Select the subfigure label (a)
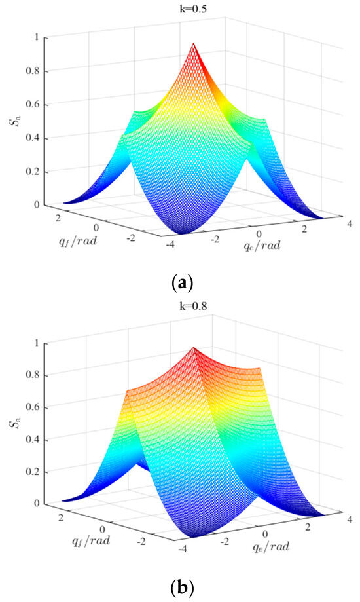[x=180, y=283]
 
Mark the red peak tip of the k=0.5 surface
[x=194, y=43]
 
